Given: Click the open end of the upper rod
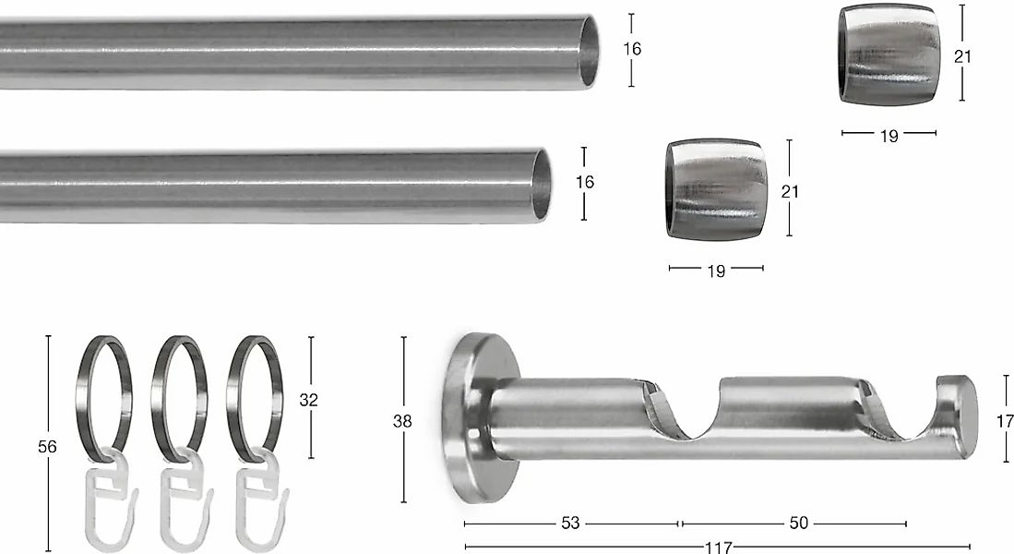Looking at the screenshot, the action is point(589,52).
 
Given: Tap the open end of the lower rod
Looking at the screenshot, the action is point(542,186).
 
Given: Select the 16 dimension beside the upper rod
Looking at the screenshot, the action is point(632,49).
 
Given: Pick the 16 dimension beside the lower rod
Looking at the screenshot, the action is point(585,183).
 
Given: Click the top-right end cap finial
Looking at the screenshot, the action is point(889,55).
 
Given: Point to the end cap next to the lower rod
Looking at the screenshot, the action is point(717,189).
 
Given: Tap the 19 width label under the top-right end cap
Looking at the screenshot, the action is point(889,137).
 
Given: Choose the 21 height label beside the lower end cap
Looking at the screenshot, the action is point(790,191).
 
